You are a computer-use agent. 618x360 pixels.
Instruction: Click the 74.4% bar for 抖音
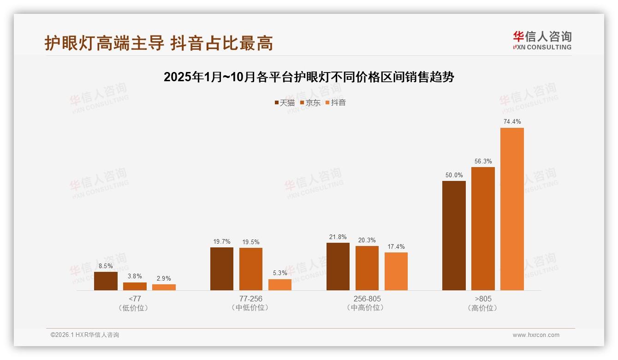[512, 209]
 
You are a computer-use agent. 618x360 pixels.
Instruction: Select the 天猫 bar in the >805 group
[454, 235]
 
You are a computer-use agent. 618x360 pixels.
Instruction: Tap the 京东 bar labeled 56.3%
[483, 228]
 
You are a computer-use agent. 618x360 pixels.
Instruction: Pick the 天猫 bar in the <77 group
[106, 281]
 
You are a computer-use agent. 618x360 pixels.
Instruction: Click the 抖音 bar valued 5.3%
[280, 285]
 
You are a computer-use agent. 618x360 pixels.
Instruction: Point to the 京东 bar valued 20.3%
[367, 268]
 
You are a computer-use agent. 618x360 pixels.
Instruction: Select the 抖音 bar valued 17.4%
[396, 271]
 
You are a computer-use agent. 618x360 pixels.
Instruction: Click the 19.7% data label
[222, 242]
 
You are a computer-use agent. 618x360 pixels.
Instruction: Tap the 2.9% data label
[164, 278]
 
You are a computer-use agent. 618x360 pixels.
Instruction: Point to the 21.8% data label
[338, 237]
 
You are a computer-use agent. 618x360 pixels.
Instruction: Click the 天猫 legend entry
[285, 103]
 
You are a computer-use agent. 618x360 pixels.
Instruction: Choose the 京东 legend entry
[310, 103]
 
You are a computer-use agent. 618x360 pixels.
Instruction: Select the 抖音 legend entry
[336, 103]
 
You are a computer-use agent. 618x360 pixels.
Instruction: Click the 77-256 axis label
[251, 299]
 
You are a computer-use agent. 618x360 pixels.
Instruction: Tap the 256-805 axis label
[367, 299]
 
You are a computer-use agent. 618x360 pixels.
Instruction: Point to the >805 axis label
[483, 299]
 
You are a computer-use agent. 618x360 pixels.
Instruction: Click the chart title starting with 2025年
[309, 77]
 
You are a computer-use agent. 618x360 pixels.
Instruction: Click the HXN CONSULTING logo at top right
[542, 41]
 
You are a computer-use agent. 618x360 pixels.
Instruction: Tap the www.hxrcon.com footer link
[536, 335]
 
